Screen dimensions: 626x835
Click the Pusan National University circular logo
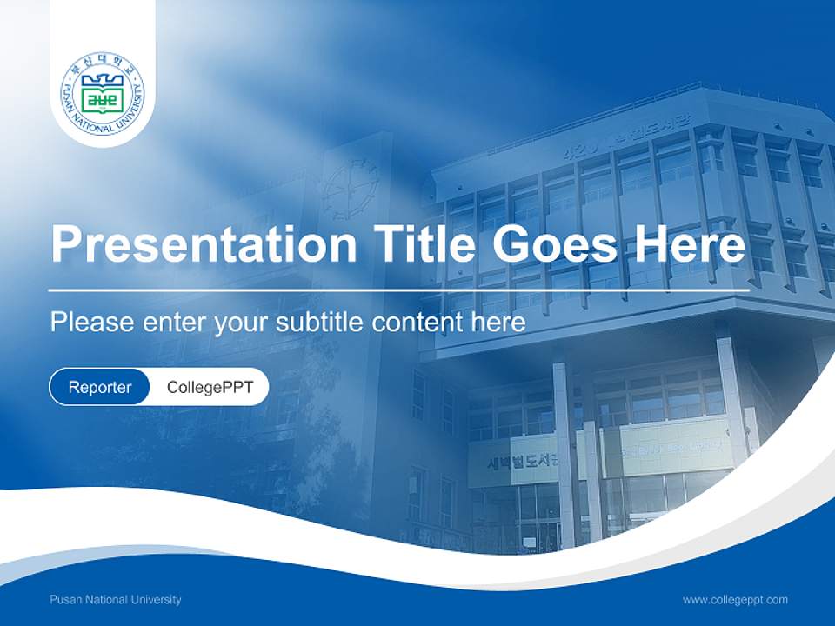(x=103, y=93)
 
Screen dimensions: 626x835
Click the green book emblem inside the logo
(x=103, y=97)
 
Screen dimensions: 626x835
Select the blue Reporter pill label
(x=100, y=387)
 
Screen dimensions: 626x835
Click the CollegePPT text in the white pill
(x=210, y=387)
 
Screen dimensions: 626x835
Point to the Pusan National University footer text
(x=116, y=600)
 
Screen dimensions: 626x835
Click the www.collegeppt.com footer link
(x=735, y=600)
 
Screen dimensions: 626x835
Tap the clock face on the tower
(x=351, y=186)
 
